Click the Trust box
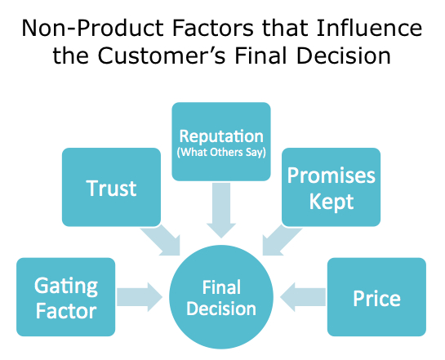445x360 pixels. pyautogui.click(x=111, y=187)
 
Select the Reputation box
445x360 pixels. pyautogui.click(x=221, y=141)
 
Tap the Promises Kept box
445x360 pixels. pyautogui.click(x=331, y=187)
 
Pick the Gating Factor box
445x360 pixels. pyautogui.click(x=66, y=297)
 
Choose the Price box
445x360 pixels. pyautogui.click(x=376, y=297)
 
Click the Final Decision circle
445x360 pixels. pyautogui.click(x=221, y=297)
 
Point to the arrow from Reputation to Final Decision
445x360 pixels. pyautogui.click(x=221, y=210)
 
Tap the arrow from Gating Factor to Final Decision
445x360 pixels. pyautogui.click(x=140, y=297)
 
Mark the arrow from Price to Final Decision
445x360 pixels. pyautogui.click(x=303, y=297)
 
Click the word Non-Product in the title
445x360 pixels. pyautogui.click(x=92, y=28)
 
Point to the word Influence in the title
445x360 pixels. pyautogui.click(x=369, y=28)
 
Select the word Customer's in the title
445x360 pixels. pyautogui.click(x=162, y=56)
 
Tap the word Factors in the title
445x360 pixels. pyautogui.click(x=212, y=28)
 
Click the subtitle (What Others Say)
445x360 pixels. pyautogui.click(x=221, y=153)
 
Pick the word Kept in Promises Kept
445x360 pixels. pyautogui.click(x=332, y=202)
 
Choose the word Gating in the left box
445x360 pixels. pyautogui.click(x=66, y=287)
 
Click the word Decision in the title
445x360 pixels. pyautogui.click(x=344, y=56)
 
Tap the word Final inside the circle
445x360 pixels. pyautogui.click(x=221, y=287)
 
